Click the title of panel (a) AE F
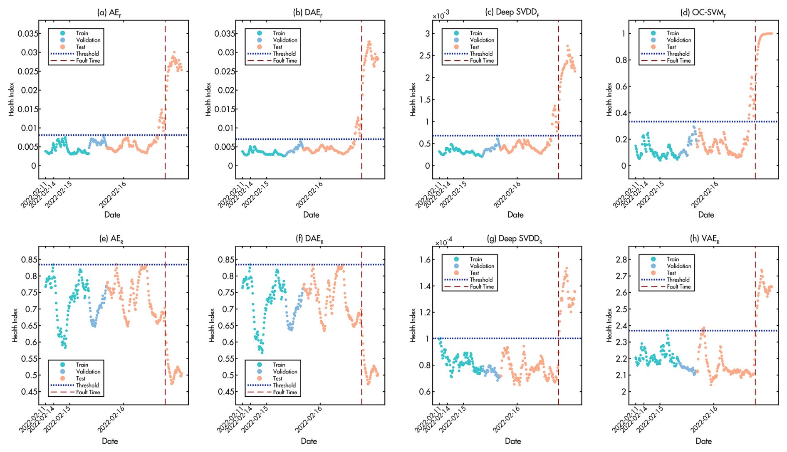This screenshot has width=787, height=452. click(109, 12)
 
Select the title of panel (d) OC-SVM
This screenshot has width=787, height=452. click(703, 12)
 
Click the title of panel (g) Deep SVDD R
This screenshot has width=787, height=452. click(514, 239)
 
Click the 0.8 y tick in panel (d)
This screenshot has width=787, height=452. click(620, 60)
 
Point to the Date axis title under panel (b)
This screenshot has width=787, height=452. click(311, 215)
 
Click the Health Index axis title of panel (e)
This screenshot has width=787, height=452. click(15, 325)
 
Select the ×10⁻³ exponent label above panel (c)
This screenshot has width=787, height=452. click(441, 16)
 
